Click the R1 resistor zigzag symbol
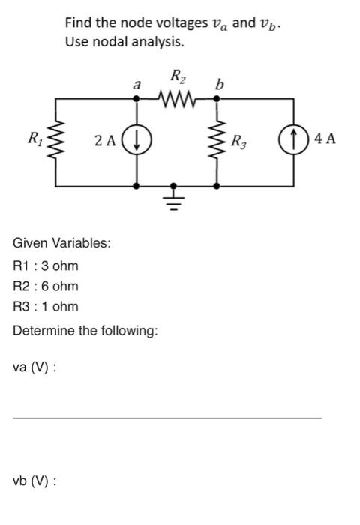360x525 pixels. [58, 139]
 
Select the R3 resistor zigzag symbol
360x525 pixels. [220, 139]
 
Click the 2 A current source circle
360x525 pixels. [136, 139]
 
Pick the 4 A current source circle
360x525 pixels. [292, 139]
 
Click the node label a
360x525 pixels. [136, 85]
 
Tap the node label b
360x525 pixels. [218, 85]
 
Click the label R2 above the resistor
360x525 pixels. [178, 76]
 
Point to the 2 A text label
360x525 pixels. [106, 139]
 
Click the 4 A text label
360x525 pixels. [325, 139]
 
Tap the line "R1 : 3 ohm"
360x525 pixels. [46, 266]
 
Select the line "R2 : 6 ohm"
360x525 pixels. [46, 286]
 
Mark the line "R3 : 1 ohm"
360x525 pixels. [46, 306]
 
